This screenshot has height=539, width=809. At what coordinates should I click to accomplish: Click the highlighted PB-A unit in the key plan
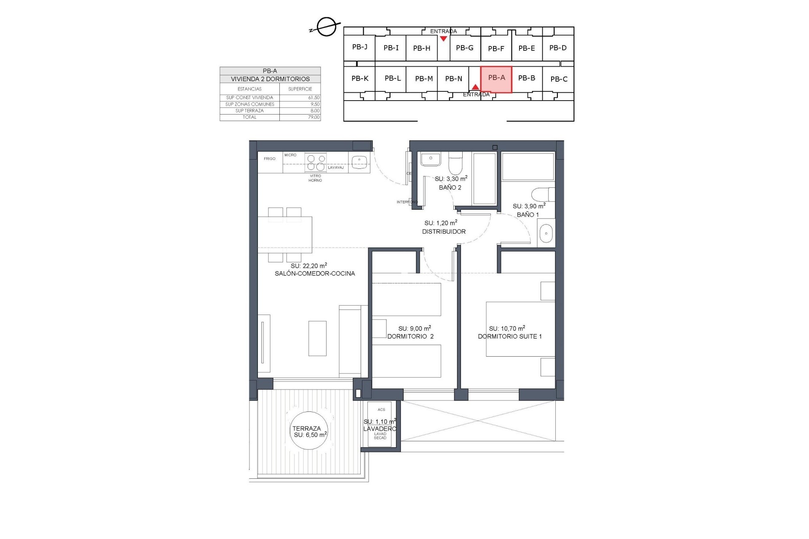[x=496, y=79]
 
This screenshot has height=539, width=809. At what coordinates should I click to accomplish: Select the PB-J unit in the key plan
[x=360, y=47]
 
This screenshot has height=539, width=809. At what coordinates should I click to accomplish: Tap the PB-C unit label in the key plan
[x=559, y=79]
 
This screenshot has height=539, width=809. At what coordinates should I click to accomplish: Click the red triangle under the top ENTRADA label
[x=443, y=39]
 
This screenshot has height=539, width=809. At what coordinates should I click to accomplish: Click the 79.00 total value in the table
[x=313, y=117]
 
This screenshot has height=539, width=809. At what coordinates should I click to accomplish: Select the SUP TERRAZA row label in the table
[x=249, y=111]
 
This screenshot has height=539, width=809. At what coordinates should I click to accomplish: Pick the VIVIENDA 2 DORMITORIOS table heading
[x=270, y=79]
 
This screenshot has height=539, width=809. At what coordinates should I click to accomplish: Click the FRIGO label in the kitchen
[x=270, y=159]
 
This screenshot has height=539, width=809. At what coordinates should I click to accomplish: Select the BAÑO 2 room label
[x=450, y=187]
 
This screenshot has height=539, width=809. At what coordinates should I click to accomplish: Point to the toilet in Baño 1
[x=542, y=195]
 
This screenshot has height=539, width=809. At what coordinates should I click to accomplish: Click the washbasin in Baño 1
[x=546, y=233]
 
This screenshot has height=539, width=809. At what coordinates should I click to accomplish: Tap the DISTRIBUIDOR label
[x=444, y=232]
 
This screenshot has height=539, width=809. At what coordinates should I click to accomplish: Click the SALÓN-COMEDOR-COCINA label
[x=315, y=273]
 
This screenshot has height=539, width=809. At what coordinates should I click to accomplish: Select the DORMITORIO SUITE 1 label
[x=509, y=336]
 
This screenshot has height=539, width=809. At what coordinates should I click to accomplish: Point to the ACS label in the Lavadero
[x=381, y=410]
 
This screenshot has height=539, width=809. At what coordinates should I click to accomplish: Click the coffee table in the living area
[x=317, y=339]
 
